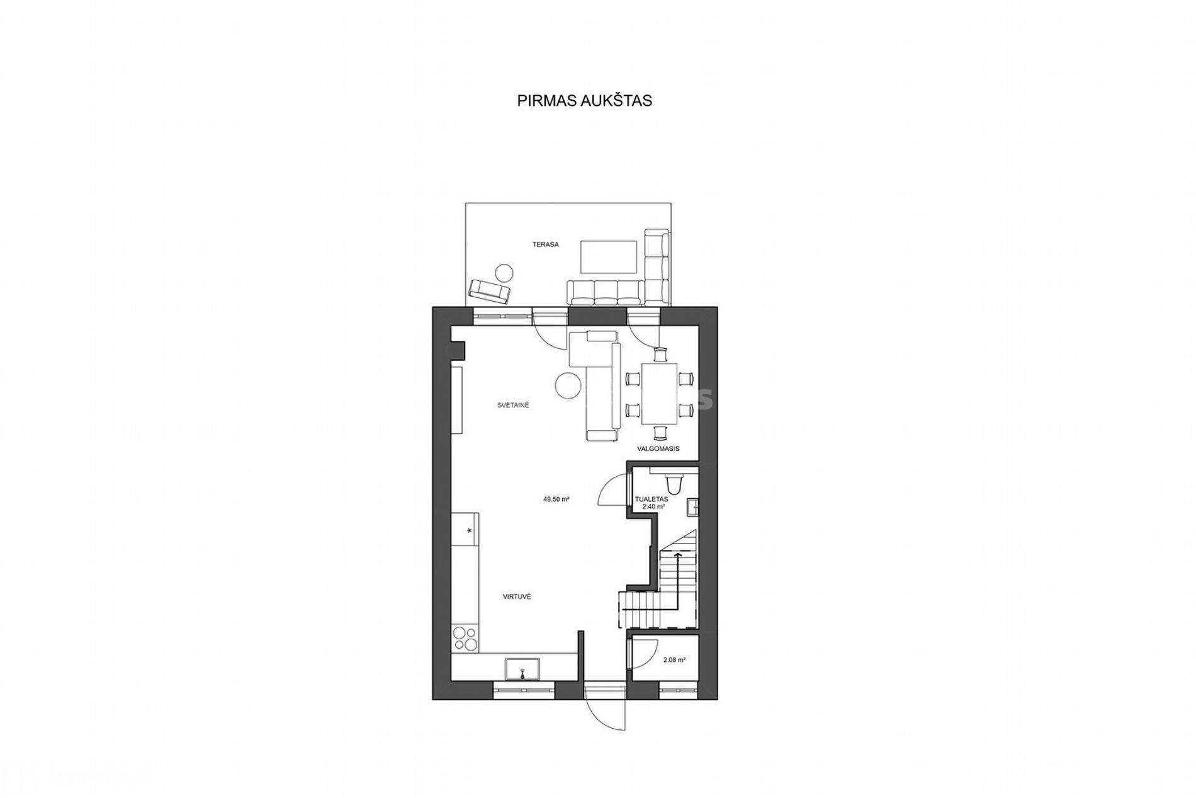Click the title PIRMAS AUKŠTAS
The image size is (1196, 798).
tap(584, 101)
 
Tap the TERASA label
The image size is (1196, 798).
tap(546, 244)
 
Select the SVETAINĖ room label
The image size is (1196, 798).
tap(513, 405)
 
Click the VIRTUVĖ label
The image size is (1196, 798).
tap(516, 596)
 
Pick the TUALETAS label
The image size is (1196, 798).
tap(652, 498)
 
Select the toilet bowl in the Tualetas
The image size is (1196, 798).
tap(674, 483)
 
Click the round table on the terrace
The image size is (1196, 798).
tap(504, 272)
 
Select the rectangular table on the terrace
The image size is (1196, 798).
tap(609, 256)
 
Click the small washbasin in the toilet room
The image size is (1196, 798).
tap(693, 507)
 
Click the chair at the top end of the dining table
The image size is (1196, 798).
tap(659, 355)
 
